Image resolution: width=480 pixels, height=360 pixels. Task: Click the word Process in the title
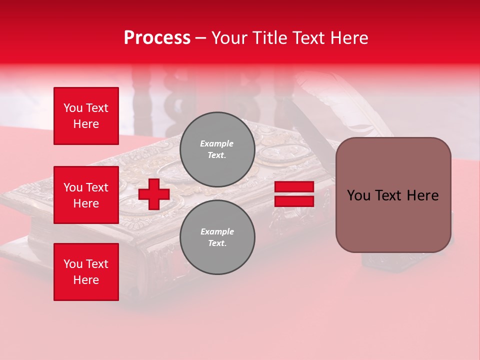(157, 38)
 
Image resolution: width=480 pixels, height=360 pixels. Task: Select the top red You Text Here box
(86, 116)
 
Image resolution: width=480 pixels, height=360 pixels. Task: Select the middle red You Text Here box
(86, 195)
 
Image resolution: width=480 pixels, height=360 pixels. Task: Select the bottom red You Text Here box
(86, 271)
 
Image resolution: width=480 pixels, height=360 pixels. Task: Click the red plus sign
(154, 194)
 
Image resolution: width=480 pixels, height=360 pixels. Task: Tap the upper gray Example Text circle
(217, 149)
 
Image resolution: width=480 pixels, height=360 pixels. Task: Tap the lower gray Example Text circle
(217, 237)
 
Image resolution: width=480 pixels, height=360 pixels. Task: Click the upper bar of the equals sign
(294, 187)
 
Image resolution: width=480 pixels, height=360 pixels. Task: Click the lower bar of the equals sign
(294, 201)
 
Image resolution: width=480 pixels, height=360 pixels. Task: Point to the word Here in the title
(349, 38)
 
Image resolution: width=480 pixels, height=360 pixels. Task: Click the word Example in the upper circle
(216, 143)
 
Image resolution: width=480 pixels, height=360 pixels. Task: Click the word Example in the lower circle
(217, 231)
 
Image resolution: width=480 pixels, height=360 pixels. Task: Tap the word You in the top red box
(73, 108)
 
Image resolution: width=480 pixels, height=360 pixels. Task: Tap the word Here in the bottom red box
(86, 280)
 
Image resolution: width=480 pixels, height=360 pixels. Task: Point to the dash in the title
(200, 38)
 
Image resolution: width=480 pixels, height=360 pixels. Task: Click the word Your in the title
(228, 38)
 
